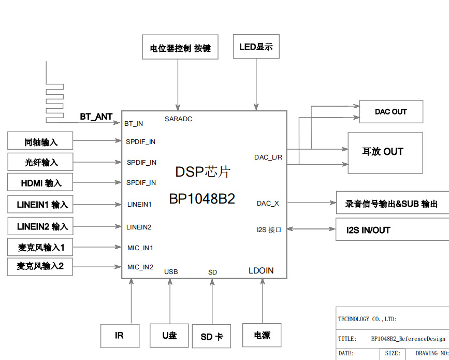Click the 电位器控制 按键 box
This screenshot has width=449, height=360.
tap(180, 48)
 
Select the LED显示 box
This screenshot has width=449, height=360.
tap(256, 47)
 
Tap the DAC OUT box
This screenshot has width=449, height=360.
tap(391, 112)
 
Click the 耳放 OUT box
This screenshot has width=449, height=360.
tap(385, 152)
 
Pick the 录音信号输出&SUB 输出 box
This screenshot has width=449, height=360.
tap(392, 204)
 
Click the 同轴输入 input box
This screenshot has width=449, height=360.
tap(40, 141)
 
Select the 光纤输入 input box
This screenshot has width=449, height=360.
tap(40, 162)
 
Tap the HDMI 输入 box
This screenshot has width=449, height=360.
tap(40, 183)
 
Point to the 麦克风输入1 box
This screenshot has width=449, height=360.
tap(40, 247)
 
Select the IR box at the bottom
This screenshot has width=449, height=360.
tap(119, 336)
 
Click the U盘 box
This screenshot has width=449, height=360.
tap(169, 336)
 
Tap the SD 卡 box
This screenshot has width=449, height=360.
tap(211, 337)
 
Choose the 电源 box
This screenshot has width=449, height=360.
tap(262, 335)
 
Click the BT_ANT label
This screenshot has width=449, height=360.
tap(96, 117)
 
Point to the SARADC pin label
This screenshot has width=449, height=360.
tap(178, 119)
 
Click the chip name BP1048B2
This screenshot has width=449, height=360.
tap(202, 199)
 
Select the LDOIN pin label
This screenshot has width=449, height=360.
tap(261, 270)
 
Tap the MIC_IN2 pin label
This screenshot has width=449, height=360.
tap(140, 267)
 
